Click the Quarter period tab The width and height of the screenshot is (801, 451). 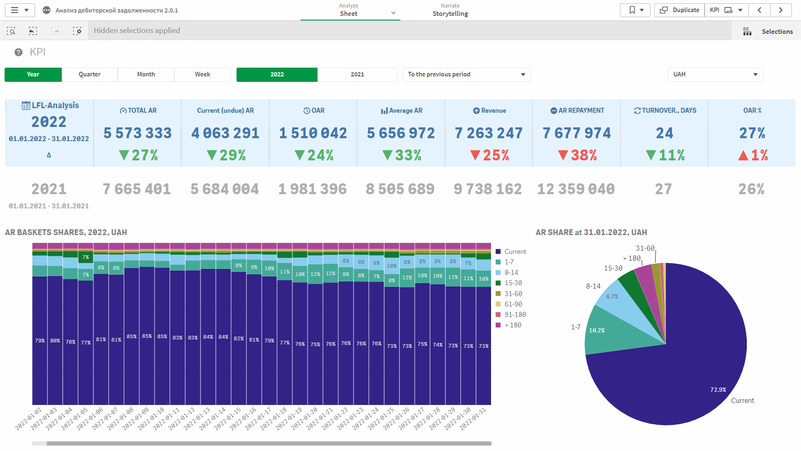coord(89,74)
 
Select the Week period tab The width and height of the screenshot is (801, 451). coord(202,74)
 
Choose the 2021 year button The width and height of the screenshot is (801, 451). coord(357,74)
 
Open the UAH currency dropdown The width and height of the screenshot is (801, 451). coord(715,74)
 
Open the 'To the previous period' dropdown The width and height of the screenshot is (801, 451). coord(466,74)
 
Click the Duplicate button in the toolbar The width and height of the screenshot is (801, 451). coord(680,10)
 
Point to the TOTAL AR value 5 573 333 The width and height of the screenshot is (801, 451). coord(138,133)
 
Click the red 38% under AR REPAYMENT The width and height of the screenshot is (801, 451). coord(578,155)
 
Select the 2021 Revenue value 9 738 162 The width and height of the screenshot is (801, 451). coord(488,189)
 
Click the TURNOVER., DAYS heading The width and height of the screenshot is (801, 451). coord(665,110)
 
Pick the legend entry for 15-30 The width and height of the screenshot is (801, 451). coord(513,283)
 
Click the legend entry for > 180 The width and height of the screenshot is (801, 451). coord(513,325)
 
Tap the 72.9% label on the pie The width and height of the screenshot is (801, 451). coord(718,390)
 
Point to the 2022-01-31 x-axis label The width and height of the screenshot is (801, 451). coord(474,418)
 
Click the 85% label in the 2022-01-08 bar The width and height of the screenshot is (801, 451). coord(131,337)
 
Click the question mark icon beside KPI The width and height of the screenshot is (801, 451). coord(18,52)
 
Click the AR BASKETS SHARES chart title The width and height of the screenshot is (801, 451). coord(66,232)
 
